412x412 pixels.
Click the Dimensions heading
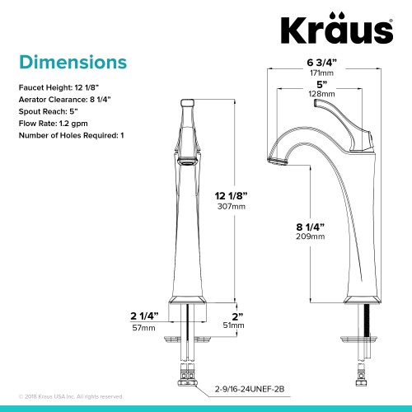coord(73,63)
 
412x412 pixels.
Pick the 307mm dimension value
coord(232,207)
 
